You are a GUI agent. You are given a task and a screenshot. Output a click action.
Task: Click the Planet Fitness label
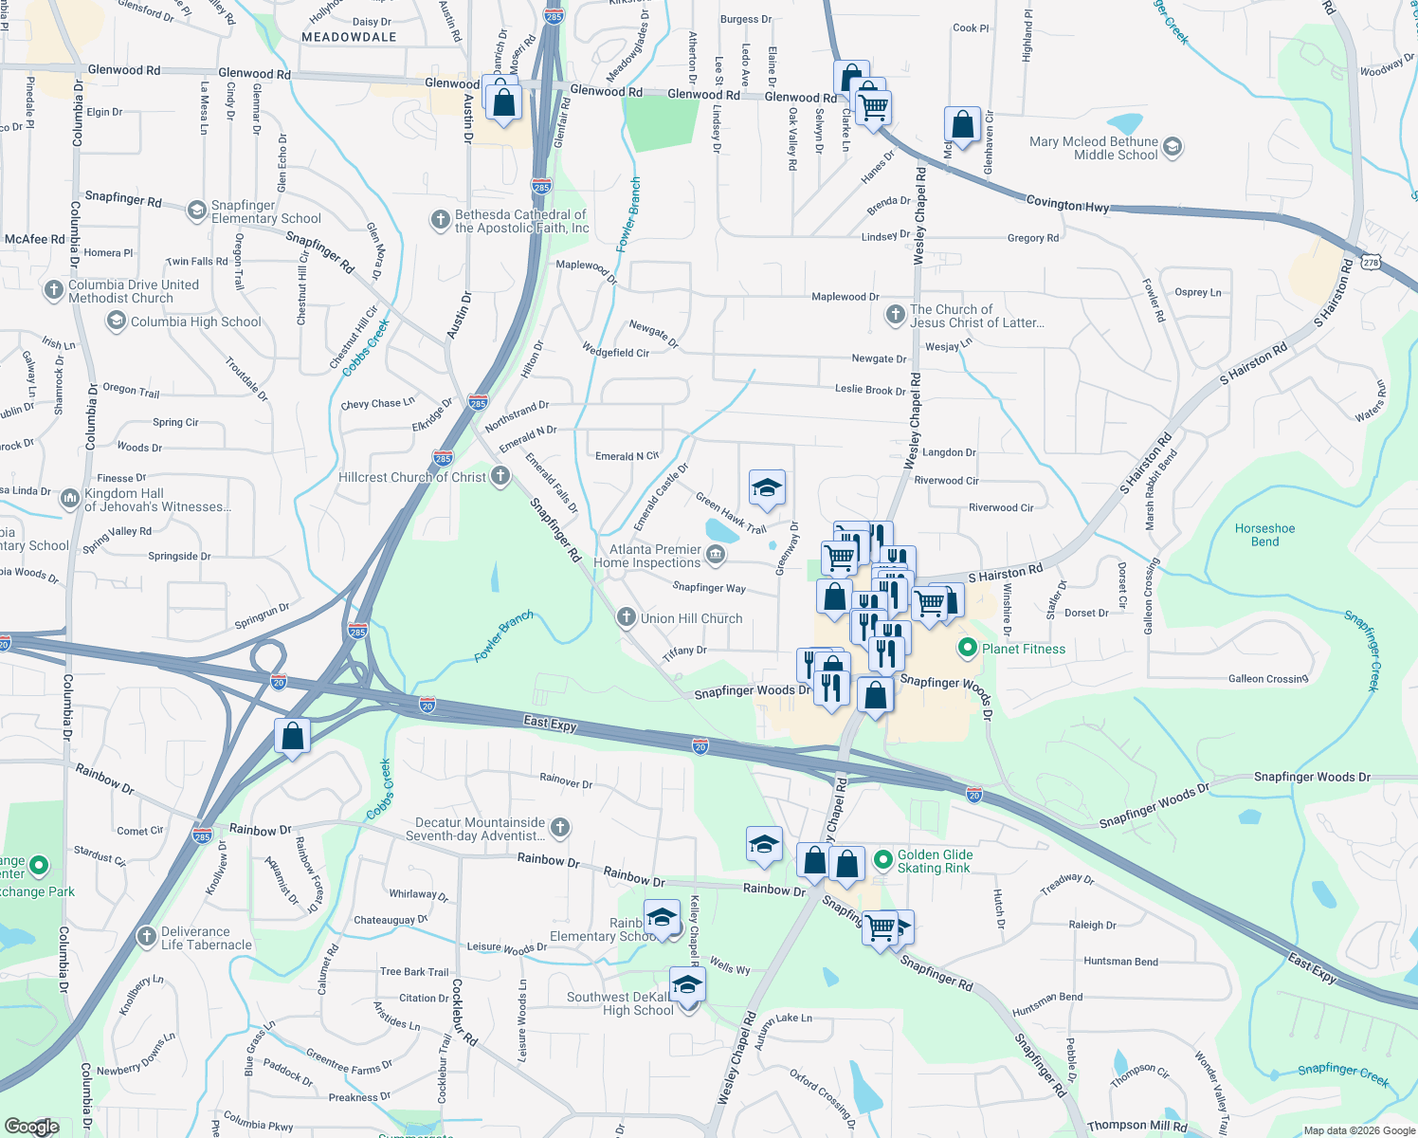tap(1024, 649)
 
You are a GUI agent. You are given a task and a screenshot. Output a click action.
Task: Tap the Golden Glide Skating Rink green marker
tap(882, 860)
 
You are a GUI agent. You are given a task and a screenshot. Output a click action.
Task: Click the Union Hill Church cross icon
tap(626, 618)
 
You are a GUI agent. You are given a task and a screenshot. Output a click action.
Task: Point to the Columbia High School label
tap(195, 321)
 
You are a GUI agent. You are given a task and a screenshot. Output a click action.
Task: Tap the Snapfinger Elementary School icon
tap(196, 211)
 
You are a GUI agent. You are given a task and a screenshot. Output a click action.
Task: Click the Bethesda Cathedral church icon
tap(440, 221)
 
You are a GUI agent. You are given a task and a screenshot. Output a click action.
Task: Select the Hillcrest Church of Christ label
tap(412, 477)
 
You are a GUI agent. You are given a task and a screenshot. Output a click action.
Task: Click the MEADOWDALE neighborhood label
tap(349, 37)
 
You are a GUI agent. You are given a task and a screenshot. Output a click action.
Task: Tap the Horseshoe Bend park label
tap(1264, 535)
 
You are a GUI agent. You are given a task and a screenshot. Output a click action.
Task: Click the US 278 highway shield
tap(1370, 262)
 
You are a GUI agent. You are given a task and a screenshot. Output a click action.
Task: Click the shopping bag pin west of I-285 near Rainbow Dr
tap(292, 736)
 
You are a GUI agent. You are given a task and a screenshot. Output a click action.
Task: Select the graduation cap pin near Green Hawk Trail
tap(766, 488)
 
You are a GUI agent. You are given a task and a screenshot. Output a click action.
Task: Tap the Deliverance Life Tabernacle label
tap(206, 938)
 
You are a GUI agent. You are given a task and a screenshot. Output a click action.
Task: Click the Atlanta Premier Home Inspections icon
tap(716, 555)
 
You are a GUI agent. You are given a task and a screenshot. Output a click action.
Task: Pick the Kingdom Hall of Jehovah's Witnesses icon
tap(70, 499)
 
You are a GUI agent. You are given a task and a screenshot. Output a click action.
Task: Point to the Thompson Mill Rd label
tap(1136, 1126)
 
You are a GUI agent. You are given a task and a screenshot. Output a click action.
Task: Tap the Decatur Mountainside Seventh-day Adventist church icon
tap(560, 828)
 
